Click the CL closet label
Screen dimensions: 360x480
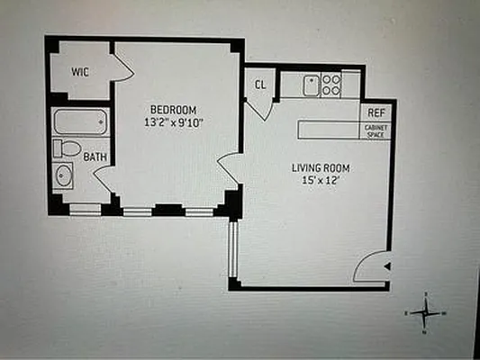[260, 85]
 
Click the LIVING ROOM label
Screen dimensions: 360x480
[320, 167]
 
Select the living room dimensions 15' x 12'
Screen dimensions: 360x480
[320, 181]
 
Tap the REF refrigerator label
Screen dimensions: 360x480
[376, 112]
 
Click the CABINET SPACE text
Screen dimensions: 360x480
[376, 131]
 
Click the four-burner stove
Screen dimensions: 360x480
[331, 85]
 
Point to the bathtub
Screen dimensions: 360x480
[80, 121]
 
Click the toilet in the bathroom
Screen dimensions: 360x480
[67, 148]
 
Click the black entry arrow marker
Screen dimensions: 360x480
[386, 265]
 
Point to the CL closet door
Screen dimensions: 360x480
[258, 107]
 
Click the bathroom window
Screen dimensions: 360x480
[86, 210]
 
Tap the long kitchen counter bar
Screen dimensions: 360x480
[330, 130]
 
